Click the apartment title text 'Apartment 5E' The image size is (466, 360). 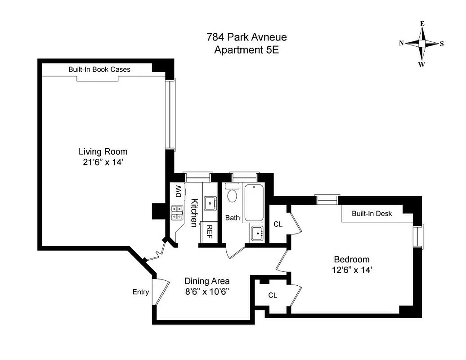(x=246, y=50)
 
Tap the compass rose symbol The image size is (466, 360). (x=421, y=44)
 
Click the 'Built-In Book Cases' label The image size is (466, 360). (x=99, y=69)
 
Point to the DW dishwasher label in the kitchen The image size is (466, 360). (x=178, y=192)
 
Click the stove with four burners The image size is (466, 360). (x=176, y=212)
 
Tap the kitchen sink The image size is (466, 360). (x=210, y=203)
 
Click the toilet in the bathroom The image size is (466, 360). (x=232, y=194)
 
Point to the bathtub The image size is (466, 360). (x=255, y=202)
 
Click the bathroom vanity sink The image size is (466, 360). (x=257, y=233)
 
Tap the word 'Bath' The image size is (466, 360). (x=233, y=218)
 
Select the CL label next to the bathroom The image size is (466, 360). (x=278, y=224)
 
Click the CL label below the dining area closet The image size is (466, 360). (x=273, y=295)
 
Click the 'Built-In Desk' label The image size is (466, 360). (x=372, y=213)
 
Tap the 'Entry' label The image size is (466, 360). (x=140, y=292)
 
